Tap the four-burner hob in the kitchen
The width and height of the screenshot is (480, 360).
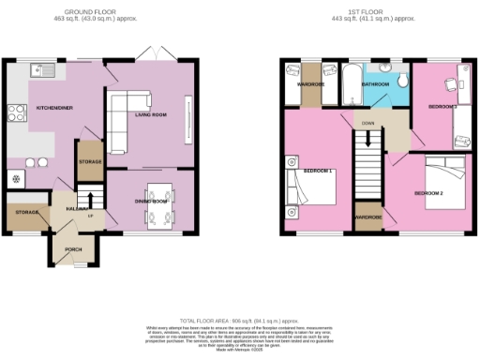click(17, 113)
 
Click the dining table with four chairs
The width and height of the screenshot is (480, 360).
click(156, 200)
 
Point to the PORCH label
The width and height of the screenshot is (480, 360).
click(73, 249)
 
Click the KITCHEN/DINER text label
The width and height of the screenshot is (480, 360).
click(54, 107)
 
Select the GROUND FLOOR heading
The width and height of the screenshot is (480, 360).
click(100, 12)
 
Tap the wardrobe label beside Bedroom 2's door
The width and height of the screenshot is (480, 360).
click(367, 218)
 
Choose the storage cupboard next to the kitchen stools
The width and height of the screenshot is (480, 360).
click(90, 160)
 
